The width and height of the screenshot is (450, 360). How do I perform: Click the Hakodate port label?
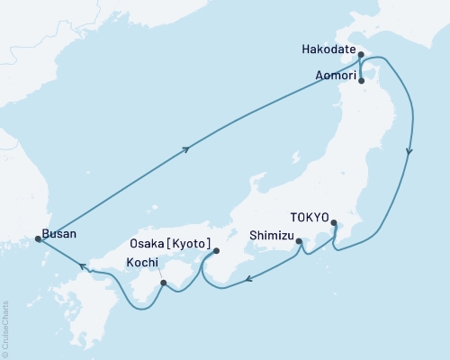pyautogui.click(x=328, y=51)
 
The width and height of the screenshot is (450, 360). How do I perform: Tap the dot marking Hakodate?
pyautogui.click(x=361, y=55)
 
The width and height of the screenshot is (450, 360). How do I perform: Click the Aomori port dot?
pyautogui.click(x=362, y=80)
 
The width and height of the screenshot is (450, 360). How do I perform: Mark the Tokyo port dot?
pyautogui.click(x=334, y=223)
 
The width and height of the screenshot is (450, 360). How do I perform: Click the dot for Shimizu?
pyautogui.click(x=298, y=240)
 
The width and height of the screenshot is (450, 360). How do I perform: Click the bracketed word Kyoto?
pyautogui.click(x=194, y=244)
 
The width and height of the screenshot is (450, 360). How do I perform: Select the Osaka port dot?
pyautogui.click(x=215, y=252)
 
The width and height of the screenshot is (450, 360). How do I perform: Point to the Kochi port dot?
pyautogui.click(x=163, y=283)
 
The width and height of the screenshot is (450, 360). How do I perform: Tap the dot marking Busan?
pyautogui.click(x=38, y=238)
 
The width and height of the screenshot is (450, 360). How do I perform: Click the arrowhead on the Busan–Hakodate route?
pyautogui.click(x=185, y=150)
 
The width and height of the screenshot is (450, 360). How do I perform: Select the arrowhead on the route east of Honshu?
pyautogui.click(x=409, y=152)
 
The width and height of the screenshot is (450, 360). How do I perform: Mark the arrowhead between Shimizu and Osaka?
pyautogui.click(x=250, y=279)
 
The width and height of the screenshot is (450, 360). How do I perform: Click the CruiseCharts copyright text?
pyautogui.click(x=4, y=329)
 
